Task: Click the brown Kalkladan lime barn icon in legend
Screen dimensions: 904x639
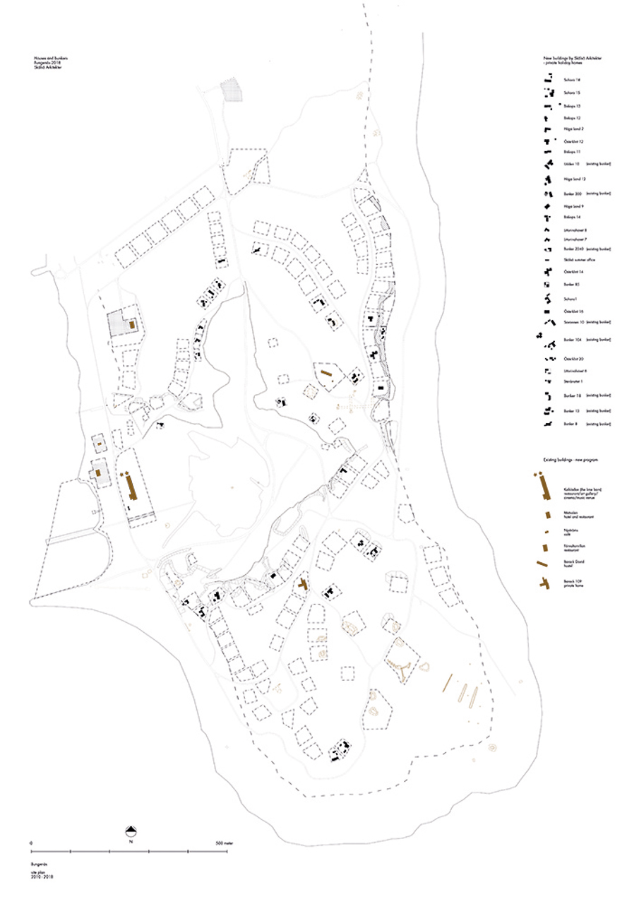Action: click(x=544, y=486)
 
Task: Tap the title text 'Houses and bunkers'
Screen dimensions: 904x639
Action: click(x=49, y=56)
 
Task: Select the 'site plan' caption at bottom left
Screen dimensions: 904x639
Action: click(x=37, y=873)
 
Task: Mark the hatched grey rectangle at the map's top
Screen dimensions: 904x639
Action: click(x=231, y=90)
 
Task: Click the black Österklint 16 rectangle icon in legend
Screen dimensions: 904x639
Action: click(x=547, y=311)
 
